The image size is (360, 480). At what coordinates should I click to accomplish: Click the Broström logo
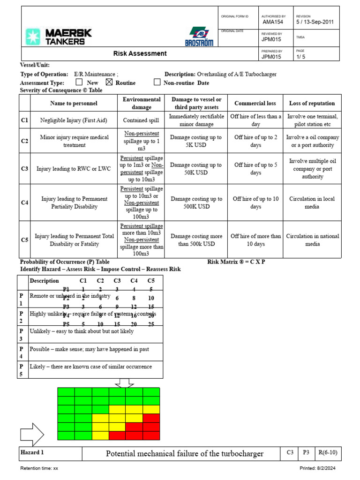(201, 36)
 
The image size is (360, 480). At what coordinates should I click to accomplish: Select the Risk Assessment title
(140, 53)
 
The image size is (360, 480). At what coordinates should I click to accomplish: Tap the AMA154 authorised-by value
(273, 22)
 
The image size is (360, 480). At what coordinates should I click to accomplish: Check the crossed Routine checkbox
(109, 82)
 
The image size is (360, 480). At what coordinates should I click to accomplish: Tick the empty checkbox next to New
(79, 82)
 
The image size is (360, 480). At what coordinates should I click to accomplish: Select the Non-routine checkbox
(157, 82)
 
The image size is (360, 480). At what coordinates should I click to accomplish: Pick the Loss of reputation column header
(312, 103)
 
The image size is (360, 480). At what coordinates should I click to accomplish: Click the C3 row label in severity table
(25, 169)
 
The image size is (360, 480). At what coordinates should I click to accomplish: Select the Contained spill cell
(142, 120)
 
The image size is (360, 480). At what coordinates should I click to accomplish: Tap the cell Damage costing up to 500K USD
(196, 202)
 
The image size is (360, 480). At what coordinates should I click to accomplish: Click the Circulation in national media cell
(312, 240)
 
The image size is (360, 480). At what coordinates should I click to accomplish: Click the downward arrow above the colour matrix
(124, 382)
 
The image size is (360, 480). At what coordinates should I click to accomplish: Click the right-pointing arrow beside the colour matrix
(32, 434)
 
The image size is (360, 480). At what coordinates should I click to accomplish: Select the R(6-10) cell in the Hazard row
(328, 453)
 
